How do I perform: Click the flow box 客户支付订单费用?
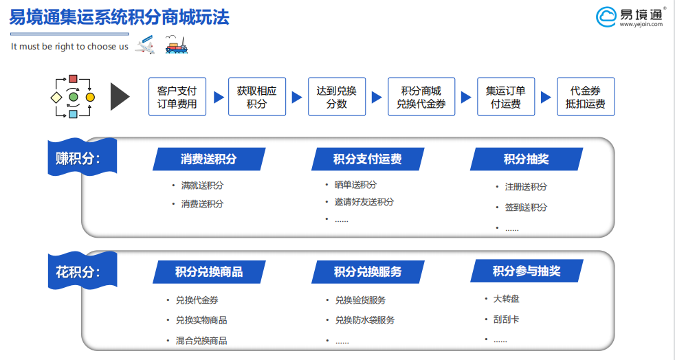[177, 97]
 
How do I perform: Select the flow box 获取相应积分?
[257, 97]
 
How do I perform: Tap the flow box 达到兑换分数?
[337, 97]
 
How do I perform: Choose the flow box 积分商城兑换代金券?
[421, 97]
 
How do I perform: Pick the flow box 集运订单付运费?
[506, 97]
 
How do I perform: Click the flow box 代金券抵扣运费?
[586, 97]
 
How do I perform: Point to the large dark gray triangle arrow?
[118, 97]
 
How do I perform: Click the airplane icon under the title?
[144, 45]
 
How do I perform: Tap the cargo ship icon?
[177, 45]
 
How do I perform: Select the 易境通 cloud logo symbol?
[606, 17]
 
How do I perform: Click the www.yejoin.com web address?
[641, 25]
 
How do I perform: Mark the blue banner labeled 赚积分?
[82, 157]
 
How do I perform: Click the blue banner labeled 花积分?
[82, 271]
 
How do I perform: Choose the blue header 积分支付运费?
[368, 159]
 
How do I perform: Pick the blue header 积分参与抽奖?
[527, 271]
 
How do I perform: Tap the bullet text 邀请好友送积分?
[364, 202]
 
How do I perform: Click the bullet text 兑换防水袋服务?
[364, 320]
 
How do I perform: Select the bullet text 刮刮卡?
[506, 319]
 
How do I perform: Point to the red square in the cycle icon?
[73, 79]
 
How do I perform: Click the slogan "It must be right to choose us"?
[69, 47]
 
